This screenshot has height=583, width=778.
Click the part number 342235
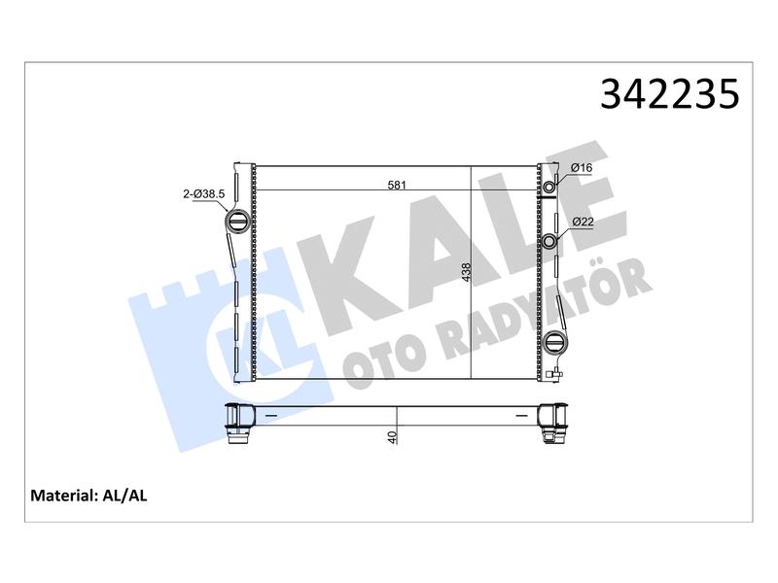point(669,93)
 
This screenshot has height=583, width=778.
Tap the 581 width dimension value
point(397,185)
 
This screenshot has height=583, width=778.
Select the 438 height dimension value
point(466,273)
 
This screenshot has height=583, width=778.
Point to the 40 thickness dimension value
point(392,437)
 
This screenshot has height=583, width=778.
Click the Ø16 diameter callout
point(582,167)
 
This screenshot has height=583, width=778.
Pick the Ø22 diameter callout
point(583,222)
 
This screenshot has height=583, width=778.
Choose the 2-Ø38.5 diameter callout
point(204,193)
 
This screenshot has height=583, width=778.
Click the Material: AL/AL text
point(88,496)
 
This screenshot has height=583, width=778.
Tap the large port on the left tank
point(237,221)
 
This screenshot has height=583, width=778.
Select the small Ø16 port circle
point(549,187)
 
